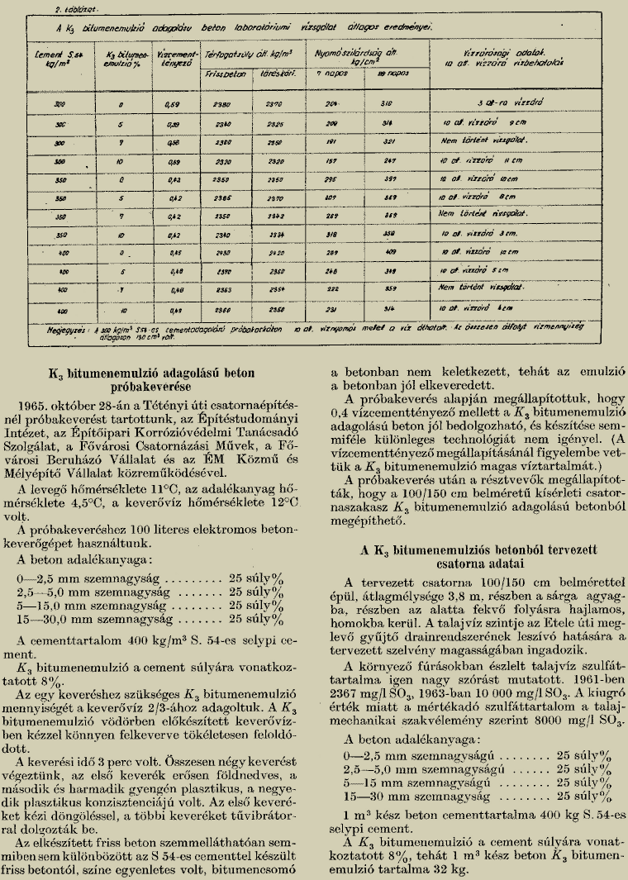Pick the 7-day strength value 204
[x=333, y=103]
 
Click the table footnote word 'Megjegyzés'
[x=47, y=327]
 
